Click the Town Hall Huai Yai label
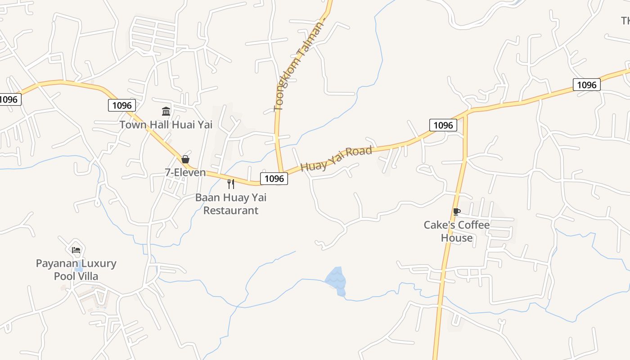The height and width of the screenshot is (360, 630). tap(166, 125)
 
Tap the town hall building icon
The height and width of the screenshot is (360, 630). tap(166, 111)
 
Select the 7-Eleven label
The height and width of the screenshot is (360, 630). tap(185, 172)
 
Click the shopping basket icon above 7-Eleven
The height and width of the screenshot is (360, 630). tap(185, 159)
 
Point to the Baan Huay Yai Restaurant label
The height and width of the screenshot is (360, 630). tap(231, 204)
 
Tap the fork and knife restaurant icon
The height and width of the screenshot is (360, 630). tap(231, 184)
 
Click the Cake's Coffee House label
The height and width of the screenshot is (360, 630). tap(456, 231)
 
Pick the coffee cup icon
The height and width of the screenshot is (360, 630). tap(456, 211)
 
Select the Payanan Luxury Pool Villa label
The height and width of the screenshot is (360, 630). tap(76, 270)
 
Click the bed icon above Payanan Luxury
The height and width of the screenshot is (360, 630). tap(76, 250)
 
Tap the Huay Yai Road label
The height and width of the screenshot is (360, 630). tap(336, 158)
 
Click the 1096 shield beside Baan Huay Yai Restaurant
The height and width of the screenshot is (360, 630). tap(274, 179)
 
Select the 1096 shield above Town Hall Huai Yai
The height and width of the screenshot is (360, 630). tap(122, 105)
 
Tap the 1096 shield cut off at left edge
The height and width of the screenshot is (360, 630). tap(9, 99)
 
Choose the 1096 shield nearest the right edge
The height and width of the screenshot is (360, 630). tap(586, 85)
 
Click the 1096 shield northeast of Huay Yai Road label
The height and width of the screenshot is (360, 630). tap(443, 125)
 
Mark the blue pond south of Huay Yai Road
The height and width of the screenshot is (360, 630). tap(337, 280)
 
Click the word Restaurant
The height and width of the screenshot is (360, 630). tap(231, 210)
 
